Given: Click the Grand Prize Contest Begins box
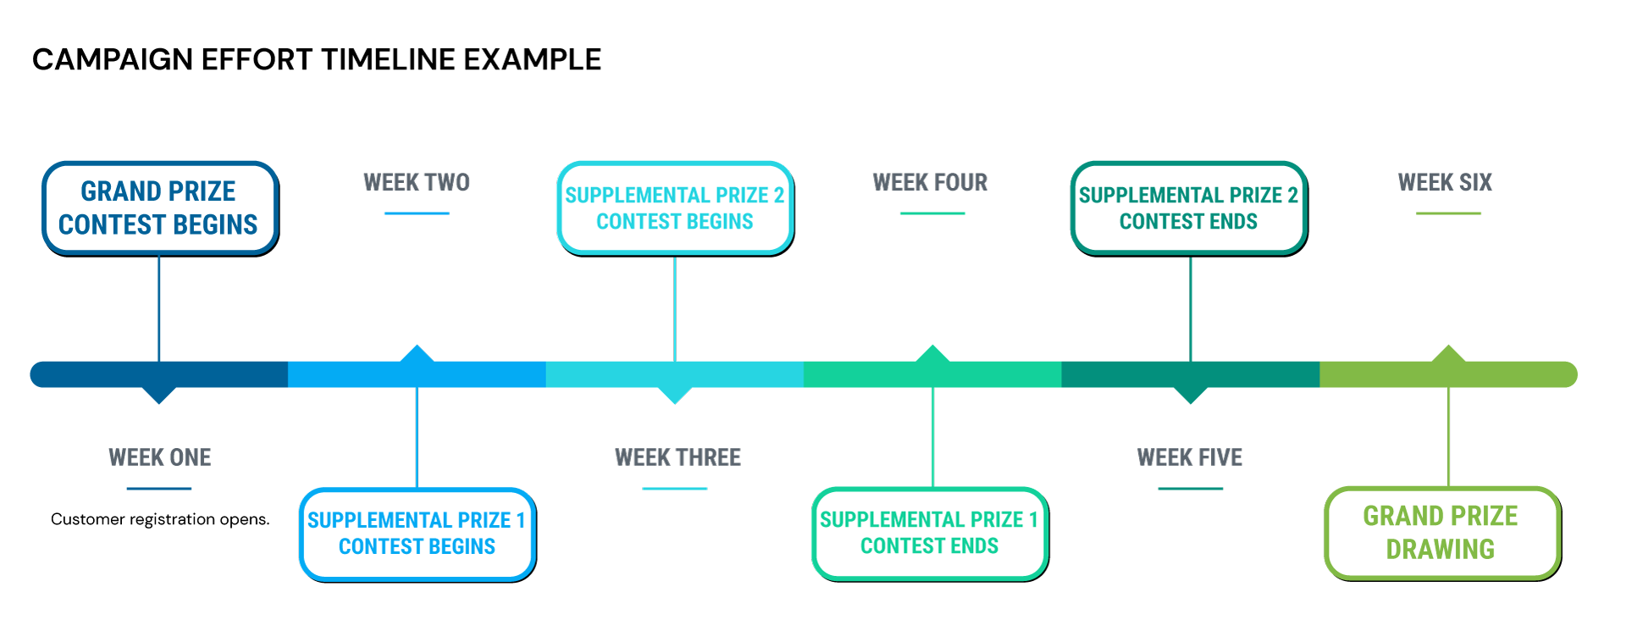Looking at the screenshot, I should tap(159, 208).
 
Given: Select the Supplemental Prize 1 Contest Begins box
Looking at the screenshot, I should tap(417, 534).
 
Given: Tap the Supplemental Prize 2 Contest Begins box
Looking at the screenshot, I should tap(674, 208).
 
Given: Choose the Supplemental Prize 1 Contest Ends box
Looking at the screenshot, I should tap(929, 533).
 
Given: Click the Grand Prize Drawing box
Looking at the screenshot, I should tap(1441, 533).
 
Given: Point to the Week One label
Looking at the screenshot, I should tap(159, 457).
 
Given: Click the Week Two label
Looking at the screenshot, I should tap(416, 182).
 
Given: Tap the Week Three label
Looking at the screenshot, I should tap(677, 457).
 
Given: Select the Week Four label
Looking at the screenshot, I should tap(930, 182).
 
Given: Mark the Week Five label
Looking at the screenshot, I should tap(1189, 457).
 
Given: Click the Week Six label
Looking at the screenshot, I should tap(1445, 182).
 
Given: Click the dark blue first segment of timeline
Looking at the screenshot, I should tap(102, 374).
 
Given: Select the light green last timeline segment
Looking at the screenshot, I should tap(1507, 374).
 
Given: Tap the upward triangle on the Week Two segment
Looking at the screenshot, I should tap(417, 354).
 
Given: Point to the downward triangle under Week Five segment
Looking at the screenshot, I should tap(1191, 395).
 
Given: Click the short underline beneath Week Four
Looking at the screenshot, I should tap(932, 213).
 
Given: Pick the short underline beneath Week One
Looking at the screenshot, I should tap(159, 489).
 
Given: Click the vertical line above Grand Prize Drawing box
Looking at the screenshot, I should tap(1448, 436).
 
